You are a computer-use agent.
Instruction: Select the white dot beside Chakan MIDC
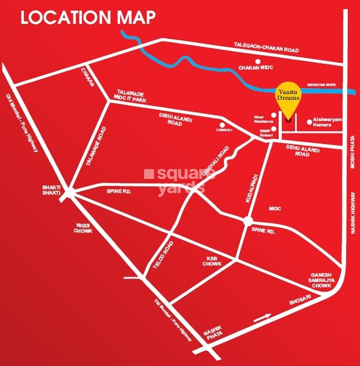tap(257, 62)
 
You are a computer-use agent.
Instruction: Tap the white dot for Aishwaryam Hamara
tap(310, 122)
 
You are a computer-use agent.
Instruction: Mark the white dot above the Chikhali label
tap(223, 125)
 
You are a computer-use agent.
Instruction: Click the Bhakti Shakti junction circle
tap(69, 194)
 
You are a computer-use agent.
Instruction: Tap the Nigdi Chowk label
tap(83, 228)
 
